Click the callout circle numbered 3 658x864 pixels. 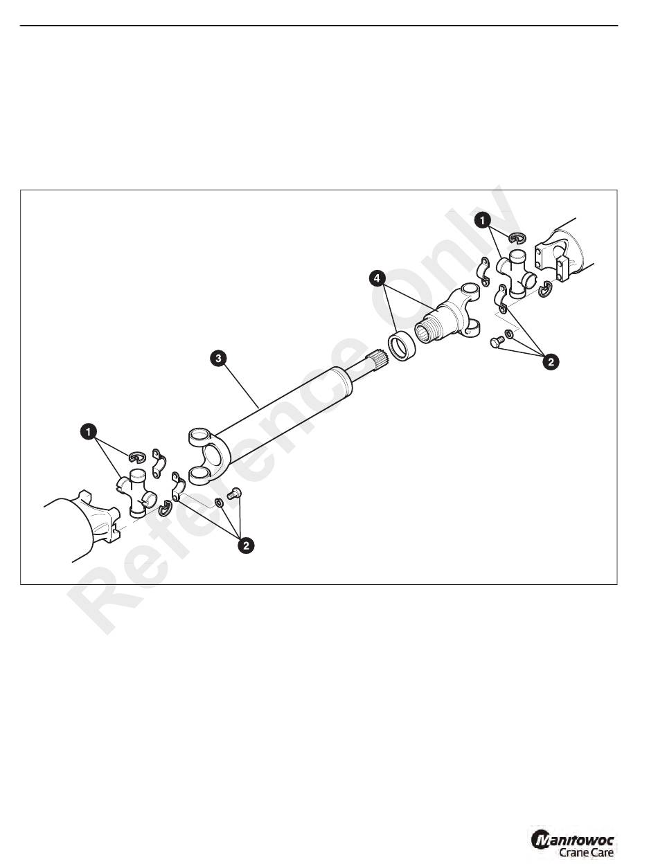point(217,358)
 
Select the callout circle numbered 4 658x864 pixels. point(377,278)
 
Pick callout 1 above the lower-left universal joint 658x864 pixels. point(87,431)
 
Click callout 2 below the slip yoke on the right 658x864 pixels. point(551,361)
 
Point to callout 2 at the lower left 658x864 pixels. point(245,546)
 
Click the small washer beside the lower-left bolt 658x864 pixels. point(219,501)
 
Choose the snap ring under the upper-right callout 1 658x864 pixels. point(516,239)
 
